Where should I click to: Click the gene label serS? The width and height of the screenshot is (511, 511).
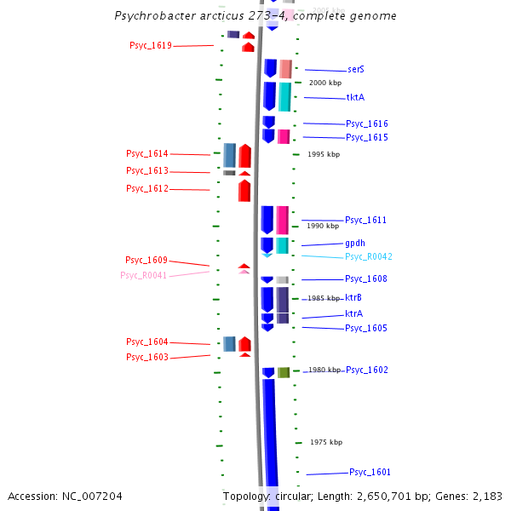pyautogui.click(x=356, y=70)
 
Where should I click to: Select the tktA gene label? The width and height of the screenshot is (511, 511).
pyautogui.click(x=355, y=98)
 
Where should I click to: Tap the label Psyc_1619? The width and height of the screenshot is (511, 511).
pyautogui.click(x=151, y=46)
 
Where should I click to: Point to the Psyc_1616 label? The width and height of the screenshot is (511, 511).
pyautogui.click(x=367, y=124)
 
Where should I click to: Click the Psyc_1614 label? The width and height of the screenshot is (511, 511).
pyautogui.click(x=147, y=154)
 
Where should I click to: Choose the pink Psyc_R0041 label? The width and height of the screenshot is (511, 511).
pyautogui.click(x=144, y=276)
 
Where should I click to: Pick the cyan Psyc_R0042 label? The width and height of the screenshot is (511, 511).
pyautogui.click(x=369, y=257)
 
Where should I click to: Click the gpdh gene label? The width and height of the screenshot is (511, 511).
pyautogui.click(x=355, y=244)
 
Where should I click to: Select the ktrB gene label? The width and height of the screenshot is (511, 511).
pyautogui.click(x=353, y=298)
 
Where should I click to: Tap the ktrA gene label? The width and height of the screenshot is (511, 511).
pyautogui.click(x=353, y=314)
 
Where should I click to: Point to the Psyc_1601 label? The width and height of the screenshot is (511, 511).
pyautogui.click(x=370, y=473)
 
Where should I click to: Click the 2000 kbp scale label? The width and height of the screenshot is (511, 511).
pyautogui.click(x=324, y=83)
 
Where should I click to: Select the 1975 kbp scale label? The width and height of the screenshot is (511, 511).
pyautogui.click(x=326, y=442)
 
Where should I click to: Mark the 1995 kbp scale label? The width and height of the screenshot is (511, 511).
pyautogui.click(x=324, y=154)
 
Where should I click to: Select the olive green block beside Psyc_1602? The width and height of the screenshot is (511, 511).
pyautogui.click(x=284, y=372)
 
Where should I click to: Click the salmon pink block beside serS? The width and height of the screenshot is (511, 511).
pyautogui.click(x=285, y=69)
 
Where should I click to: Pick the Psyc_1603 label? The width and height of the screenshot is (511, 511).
pyautogui.click(x=147, y=358)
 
